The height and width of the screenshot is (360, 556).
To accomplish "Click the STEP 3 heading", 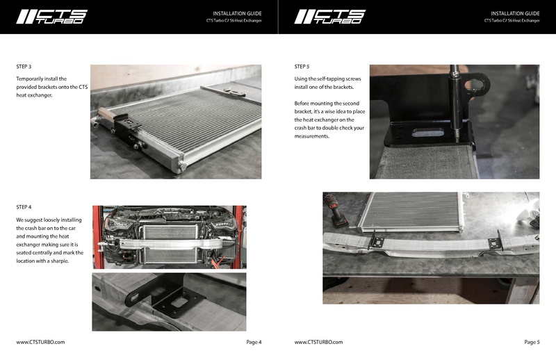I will pyautogui.click(x=24, y=67).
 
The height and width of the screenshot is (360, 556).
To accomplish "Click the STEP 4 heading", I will pyautogui.click(x=24, y=207).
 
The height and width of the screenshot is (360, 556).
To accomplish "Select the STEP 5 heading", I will pyautogui.click(x=302, y=67).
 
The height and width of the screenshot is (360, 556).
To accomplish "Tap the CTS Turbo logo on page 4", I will pyautogui.click(x=51, y=17).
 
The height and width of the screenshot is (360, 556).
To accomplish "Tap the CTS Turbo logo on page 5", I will pyautogui.click(x=329, y=17).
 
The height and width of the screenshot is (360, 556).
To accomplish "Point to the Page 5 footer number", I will pyautogui.click(x=532, y=342).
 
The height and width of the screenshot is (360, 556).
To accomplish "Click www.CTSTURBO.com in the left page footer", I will pyautogui.click(x=40, y=342).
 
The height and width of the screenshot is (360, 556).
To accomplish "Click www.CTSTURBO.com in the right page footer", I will pyautogui.click(x=318, y=342).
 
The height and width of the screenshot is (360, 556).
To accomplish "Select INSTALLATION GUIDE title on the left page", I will pyautogui.click(x=237, y=13).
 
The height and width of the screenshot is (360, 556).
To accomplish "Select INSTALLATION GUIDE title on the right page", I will pyautogui.click(x=515, y=13).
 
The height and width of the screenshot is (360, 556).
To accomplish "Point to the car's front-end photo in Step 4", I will pyautogui.click(x=169, y=236).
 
